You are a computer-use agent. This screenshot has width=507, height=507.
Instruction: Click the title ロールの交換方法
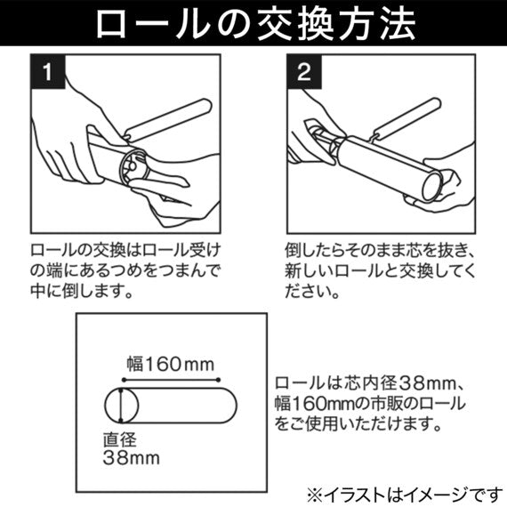pos(255,24)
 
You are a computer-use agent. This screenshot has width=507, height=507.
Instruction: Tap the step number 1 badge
pos(48,71)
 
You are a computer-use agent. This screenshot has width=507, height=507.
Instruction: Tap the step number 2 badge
pos(304,71)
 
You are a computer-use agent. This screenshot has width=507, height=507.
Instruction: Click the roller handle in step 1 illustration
pos(168,120)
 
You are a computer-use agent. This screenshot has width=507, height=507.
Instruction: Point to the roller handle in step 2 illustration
pos(407,119)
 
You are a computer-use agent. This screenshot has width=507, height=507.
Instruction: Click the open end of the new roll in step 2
pos(431,187)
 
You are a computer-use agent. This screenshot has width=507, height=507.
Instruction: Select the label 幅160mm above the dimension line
pos(171,365)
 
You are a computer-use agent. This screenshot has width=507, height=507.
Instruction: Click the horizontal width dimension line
pos(171,380)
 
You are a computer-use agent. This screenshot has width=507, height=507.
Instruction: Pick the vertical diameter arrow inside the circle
pos(121,406)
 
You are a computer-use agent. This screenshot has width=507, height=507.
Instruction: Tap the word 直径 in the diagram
pos(120,439)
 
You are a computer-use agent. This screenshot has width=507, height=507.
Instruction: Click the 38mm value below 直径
pos(132,458)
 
